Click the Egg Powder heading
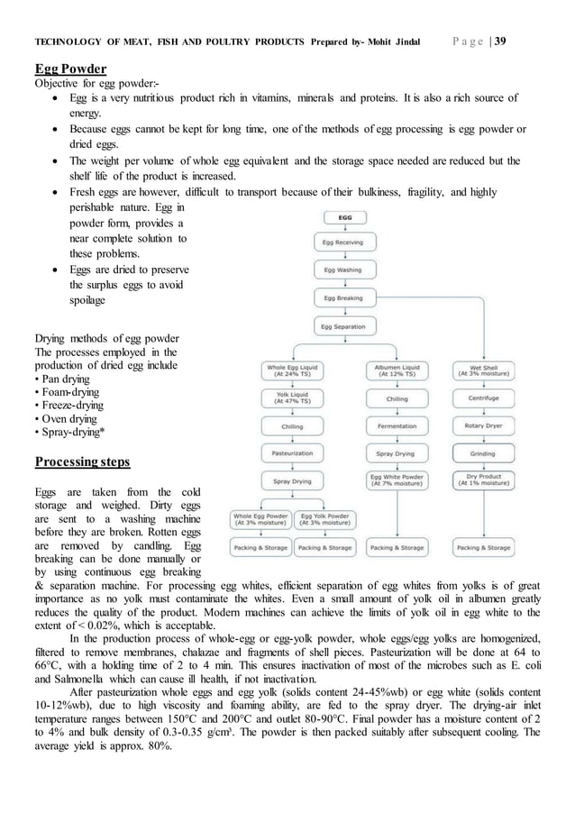tap(71, 69)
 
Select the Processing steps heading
tap(81, 462)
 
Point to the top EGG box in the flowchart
tap(344, 216)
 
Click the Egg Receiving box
tap(344, 242)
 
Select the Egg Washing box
tap(344, 269)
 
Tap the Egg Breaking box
tap(344, 297)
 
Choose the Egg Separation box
tap(344, 326)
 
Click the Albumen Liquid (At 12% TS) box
tap(397, 370)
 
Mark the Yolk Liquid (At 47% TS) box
tap(292, 397)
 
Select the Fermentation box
tap(397, 425)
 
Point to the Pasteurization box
tap(292, 453)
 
